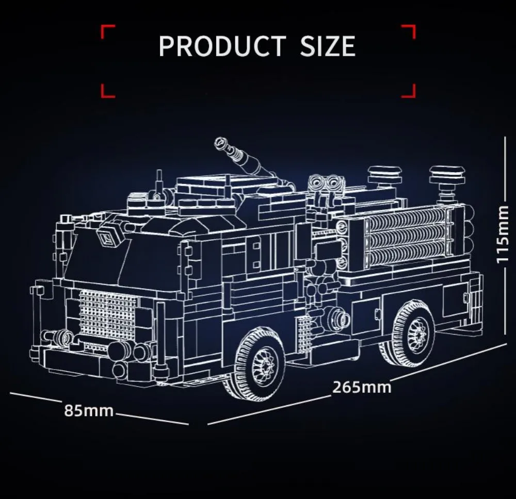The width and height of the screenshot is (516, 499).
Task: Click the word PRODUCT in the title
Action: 222,46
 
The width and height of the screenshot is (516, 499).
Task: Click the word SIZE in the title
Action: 328,46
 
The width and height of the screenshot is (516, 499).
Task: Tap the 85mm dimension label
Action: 89,411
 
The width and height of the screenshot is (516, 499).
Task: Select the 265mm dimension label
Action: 362,387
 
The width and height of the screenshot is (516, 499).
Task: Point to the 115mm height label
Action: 503,235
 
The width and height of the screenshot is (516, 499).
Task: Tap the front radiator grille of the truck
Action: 108,314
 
